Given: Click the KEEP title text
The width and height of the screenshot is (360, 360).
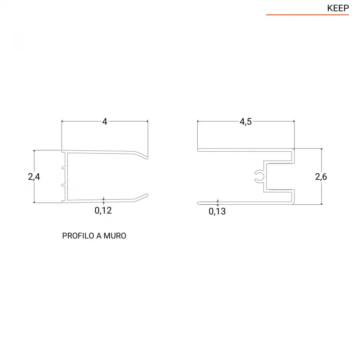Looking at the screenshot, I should [338, 8].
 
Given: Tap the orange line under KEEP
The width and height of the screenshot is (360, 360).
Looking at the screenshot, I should [307, 15].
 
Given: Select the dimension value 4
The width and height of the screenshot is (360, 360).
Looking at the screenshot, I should [105, 122].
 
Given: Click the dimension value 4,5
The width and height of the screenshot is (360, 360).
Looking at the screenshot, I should [246, 122].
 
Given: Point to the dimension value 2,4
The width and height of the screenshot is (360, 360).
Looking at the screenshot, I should [34, 176].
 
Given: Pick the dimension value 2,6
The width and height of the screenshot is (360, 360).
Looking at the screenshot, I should [321, 176].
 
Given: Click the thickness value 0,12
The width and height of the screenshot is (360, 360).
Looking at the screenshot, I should [103, 210].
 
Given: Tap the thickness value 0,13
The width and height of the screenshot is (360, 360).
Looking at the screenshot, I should [217, 212].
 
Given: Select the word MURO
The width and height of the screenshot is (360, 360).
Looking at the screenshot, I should [115, 236].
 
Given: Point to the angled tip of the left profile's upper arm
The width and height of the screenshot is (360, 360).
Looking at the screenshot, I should [142, 155].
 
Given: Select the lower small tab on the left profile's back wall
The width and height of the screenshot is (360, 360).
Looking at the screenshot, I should [63, 186].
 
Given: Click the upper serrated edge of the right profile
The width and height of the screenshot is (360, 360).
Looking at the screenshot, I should [279, 164].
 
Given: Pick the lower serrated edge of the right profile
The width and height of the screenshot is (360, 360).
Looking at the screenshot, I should [279, 189].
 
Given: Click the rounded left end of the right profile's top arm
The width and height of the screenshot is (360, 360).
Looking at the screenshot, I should [199, 150].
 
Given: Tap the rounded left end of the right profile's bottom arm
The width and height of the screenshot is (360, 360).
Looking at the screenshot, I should [199, 203].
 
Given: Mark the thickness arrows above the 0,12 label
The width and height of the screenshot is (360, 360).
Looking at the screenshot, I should [103, 200].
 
